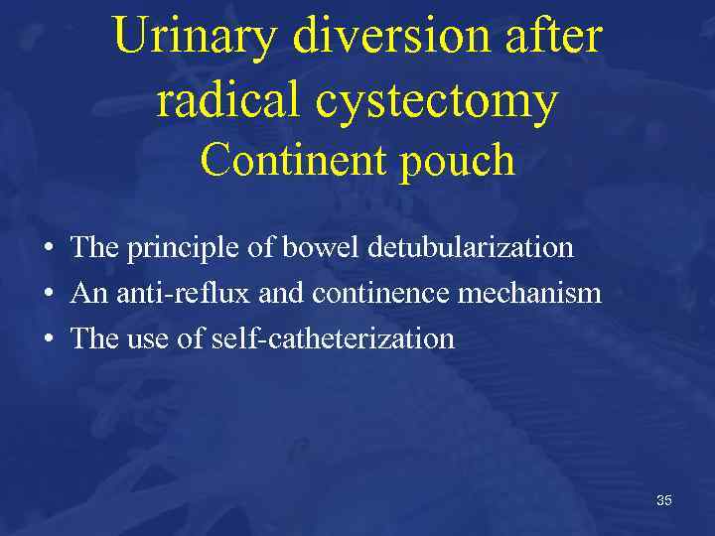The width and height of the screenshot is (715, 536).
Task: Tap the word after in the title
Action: tap(555, 38)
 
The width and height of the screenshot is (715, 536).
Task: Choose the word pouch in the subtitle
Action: tap(458, 162)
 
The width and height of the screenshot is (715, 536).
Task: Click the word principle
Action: tap(184, 248)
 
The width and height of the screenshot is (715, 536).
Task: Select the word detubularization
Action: tap(470, 247)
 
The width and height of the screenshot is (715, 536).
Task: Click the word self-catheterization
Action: tap(333, 338)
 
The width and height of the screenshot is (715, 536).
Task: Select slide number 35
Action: tap(664, 500)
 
